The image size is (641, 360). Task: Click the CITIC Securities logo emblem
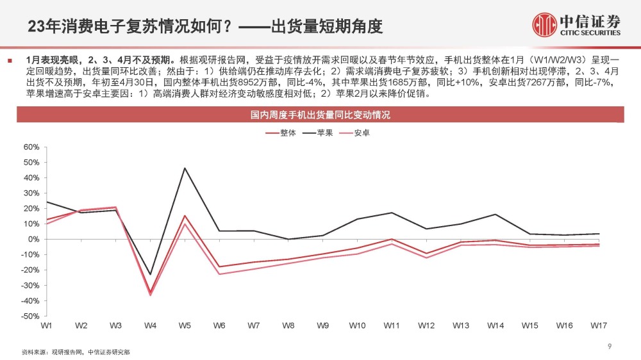coord(544,24)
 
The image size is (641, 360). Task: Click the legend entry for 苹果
coord(318,133)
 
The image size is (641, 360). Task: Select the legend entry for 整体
coord(281,133)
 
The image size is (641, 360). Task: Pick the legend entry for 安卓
coord(354,133)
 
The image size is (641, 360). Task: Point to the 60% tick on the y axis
coord(31,147)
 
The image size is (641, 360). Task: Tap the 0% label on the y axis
coord(33,239)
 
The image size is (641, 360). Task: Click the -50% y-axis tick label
coord(30,316)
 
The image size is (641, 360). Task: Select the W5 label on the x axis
coord(185,325)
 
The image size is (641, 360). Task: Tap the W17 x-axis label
coord(599,325)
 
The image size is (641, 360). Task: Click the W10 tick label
coord(357,325)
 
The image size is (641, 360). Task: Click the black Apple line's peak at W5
coord(185,168)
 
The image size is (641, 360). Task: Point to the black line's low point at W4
coord(150,275)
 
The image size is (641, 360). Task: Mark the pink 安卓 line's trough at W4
coord(150,295)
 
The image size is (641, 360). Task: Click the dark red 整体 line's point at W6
coord(219,267)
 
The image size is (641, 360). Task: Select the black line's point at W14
coord(495,214)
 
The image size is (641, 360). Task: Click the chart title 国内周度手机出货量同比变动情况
coord(320,115)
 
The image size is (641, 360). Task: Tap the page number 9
coord(610,346)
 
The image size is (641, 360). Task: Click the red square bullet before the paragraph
coord(10,61)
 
